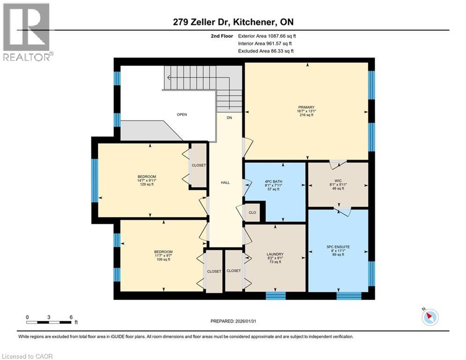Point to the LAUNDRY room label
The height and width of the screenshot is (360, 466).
274,254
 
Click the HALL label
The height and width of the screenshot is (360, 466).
225,182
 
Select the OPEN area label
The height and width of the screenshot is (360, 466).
182,114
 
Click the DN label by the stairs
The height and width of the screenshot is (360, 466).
229,118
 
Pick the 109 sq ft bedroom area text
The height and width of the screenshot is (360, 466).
163,259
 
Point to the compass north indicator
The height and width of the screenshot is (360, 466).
429,317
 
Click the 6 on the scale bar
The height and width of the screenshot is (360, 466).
71,317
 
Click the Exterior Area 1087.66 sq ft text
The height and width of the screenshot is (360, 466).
267,35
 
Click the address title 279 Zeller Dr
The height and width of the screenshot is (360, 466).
201,22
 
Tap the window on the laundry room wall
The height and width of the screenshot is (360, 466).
276,295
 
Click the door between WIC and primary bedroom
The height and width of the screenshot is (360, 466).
337,164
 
